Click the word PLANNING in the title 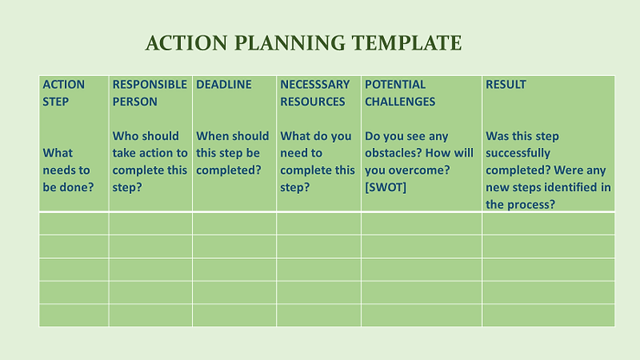coord(290,43)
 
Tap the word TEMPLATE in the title coord(407,43)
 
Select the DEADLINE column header coord(224,85)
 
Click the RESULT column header coord(506,85)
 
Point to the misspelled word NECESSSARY coord(315,85)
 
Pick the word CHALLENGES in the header coord(400,102)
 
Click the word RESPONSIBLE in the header coord(150,85)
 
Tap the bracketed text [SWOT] coord(386,187)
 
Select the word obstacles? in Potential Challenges coord(392,153)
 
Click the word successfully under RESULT coord(518,153)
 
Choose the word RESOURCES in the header coord(313,102)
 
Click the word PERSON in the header coord(135,102)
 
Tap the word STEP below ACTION coord(55,102)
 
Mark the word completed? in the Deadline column coord(228,170)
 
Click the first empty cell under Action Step coord(74,223)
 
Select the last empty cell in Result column coord(548,315)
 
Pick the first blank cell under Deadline coord(234,223)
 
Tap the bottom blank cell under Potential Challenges coord(421,315)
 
